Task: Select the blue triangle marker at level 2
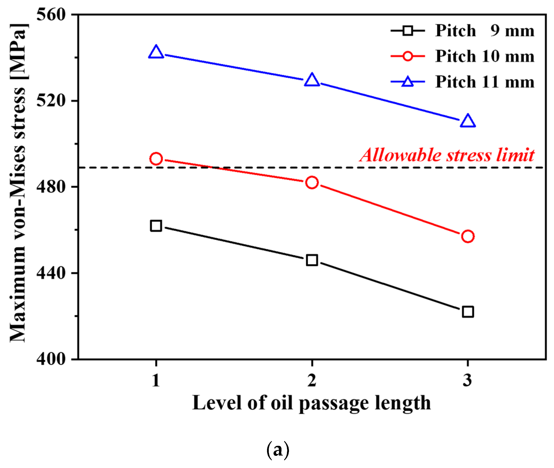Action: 312,80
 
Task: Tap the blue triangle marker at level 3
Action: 468,121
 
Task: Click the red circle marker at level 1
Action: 156,159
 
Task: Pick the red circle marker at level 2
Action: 312,183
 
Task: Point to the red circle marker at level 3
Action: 468,236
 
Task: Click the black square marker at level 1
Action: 156,226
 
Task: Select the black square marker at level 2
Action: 312,260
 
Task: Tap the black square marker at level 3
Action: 468,312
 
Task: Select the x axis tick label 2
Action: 312,380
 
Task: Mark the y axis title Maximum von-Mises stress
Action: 18,183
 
